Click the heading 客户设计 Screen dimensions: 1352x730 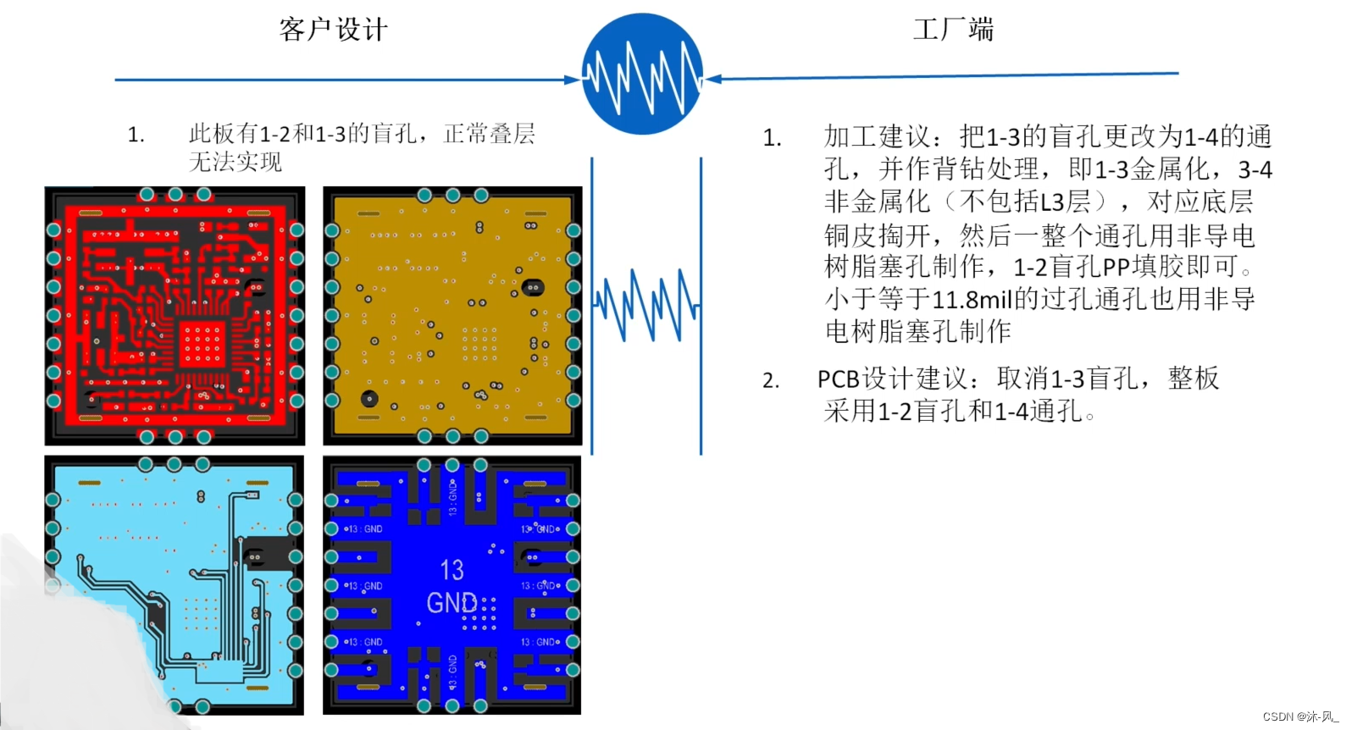coord(334,30)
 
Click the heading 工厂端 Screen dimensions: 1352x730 coord(953,30)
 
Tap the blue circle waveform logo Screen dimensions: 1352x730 coord(642,75)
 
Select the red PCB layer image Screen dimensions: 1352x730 coord(175,316)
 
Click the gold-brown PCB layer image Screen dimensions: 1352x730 coord(452,316)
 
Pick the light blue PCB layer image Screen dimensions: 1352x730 coord(174,584)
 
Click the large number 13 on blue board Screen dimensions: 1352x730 coord(452,570)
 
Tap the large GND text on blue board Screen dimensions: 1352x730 coord(452,602)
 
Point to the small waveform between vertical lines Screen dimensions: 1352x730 coord(646,305)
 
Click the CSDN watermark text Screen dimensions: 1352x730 coord(1300,716)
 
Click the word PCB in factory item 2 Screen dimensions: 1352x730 coord(838,379)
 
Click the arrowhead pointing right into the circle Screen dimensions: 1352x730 coord(573,80)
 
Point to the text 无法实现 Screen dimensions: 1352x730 coord(235,162)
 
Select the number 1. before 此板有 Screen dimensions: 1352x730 coord(136,135)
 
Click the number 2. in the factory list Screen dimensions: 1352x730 coord(770,380)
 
